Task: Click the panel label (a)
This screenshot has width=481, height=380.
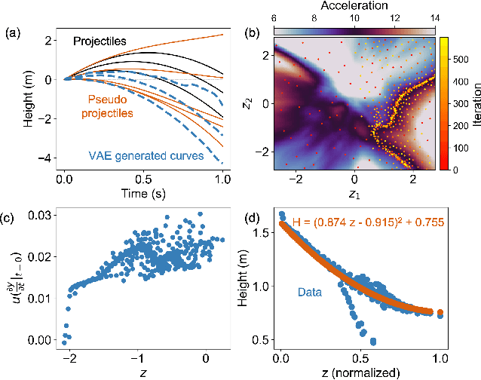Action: pos(13,34)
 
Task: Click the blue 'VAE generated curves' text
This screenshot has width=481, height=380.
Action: pos(146,158)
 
